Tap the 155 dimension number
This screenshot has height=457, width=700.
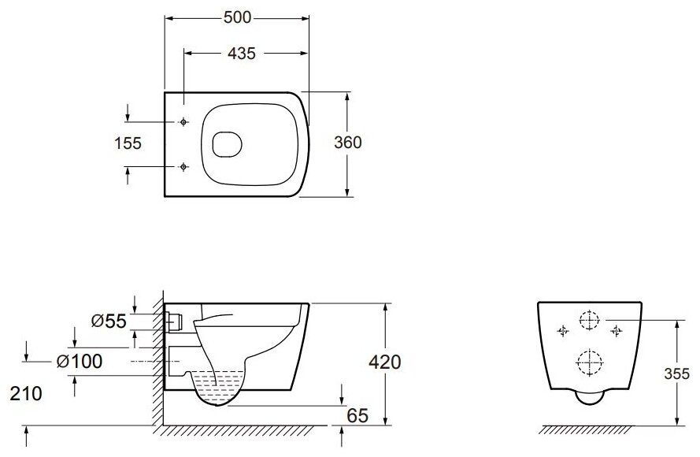(128, 143)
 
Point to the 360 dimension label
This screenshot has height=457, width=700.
(347, 143)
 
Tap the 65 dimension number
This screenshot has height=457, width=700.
(357, 416)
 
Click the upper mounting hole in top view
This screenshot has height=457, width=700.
(184, 122)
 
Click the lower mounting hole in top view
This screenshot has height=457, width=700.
(184, 166)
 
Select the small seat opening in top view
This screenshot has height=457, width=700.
(227, 144)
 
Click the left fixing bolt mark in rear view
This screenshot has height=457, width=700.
(562, 332)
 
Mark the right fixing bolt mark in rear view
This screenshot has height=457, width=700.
(616, 332)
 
